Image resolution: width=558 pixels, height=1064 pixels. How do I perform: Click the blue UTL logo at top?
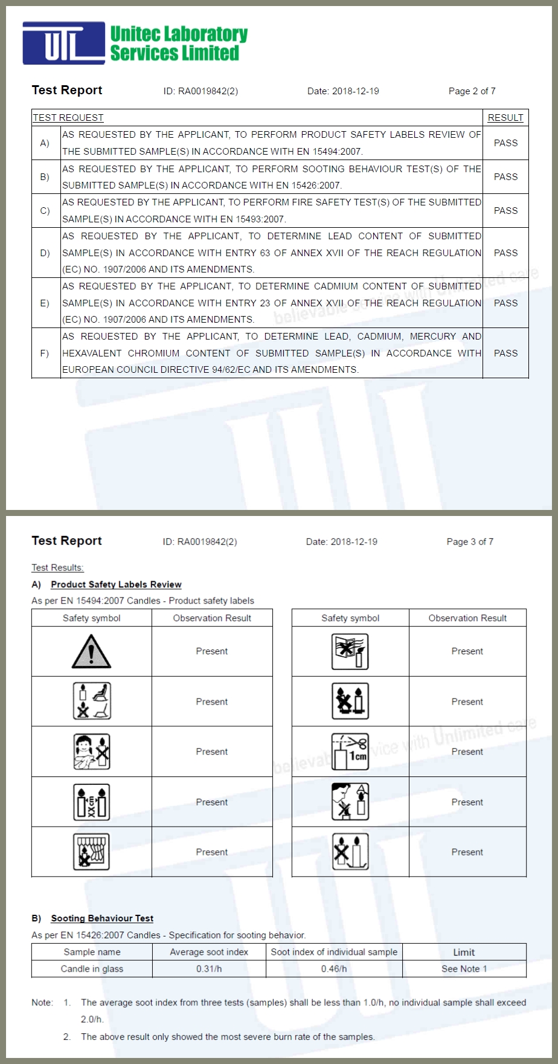[x=63, y=43]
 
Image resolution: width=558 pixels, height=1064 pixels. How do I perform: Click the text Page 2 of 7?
[x=472, y=91]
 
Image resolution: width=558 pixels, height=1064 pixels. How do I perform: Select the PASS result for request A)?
[x=505, y=143]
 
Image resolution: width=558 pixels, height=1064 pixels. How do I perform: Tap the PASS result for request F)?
[x=505, y=353]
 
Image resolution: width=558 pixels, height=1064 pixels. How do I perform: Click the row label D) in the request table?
[x=45, y=253]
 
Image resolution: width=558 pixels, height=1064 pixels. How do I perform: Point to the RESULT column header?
[x=505, y=118]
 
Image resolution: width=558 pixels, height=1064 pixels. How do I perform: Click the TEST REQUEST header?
[x=68, y=118]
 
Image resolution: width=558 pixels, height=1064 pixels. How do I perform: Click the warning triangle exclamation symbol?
[x=91, y=651]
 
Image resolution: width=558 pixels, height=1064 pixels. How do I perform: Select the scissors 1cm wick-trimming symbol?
[x=350, y=752]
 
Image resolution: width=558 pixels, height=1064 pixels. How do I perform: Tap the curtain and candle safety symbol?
[x=91, y=852]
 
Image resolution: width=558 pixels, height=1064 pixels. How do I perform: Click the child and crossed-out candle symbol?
[x=91, y=752]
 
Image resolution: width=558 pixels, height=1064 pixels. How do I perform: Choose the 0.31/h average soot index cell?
[x=209, y=969]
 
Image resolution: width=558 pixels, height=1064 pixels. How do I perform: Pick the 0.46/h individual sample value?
[x=334, y=969]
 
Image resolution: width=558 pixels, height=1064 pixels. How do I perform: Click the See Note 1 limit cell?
[x=464, y=969]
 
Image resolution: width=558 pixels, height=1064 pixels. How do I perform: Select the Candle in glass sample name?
[x=92, y=969]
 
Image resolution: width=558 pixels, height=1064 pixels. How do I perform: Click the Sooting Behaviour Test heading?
[x=102, y=918]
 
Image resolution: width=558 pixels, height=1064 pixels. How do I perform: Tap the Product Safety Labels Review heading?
[x=116, y=584]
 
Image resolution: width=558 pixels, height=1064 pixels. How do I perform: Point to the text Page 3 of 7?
[x=470, y=542]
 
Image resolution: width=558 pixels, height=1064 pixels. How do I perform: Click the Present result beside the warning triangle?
[x=212, y=651]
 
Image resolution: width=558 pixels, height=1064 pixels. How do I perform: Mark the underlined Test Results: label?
[x=57, y=568]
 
